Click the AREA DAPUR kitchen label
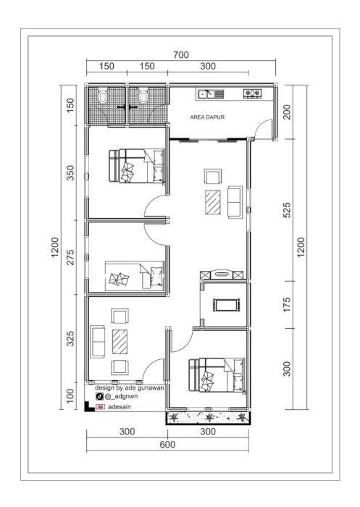click(207, 117)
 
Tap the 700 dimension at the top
click(181, 55)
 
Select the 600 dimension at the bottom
click(167, 445)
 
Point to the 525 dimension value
click(287, 210)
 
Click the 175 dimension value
click(287, 305)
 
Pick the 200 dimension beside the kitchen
click(287, 112)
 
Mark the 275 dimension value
click(70, 257)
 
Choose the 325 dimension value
click(70, 338)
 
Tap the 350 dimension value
click(70, 172)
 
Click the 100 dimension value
click(70, 396)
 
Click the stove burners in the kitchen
click(252, 93)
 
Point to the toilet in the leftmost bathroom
click(103, 96)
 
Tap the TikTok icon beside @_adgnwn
click(100, 396)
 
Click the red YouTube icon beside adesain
click(100, 407)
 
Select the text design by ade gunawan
click(130, 387)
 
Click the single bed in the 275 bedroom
click(134, 276)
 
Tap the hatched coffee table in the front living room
click(120, 341)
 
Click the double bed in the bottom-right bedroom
click(217, 375)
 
